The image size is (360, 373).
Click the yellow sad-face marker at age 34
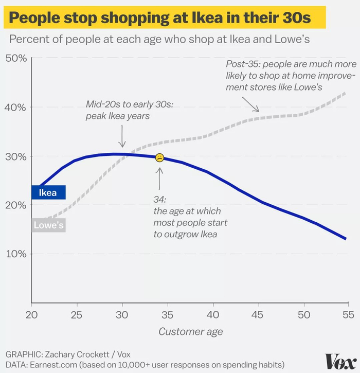(x=159, y=158)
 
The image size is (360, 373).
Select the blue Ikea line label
(x=48, y=193)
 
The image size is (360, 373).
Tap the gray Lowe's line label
(x=49, y=225)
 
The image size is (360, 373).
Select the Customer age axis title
(x=190, y=332)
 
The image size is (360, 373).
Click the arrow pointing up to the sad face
(x=159, y=177)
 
